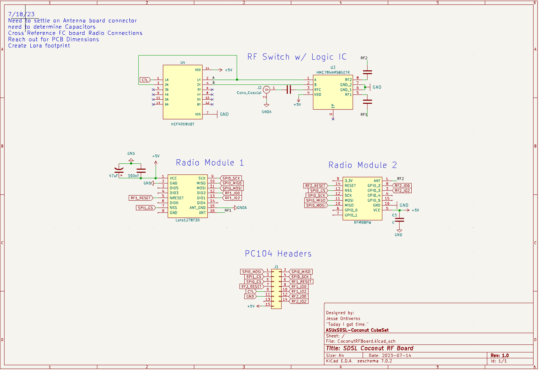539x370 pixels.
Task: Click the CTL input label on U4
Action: [145, 80]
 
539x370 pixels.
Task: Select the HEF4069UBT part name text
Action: [183, 124]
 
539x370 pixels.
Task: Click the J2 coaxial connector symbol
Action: [266, 90]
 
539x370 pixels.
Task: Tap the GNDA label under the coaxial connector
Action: [266, 112]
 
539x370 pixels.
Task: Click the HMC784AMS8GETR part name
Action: [333, 72]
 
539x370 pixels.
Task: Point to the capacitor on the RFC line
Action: [289, 90]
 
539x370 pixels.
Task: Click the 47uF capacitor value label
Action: [113, 176]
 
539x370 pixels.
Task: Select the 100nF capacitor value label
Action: [133, 176]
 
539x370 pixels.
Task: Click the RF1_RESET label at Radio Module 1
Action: [140, 198]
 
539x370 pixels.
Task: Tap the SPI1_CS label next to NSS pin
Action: [146, 208]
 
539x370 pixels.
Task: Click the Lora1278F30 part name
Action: [188, 220]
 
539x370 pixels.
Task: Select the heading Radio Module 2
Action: [362, 165]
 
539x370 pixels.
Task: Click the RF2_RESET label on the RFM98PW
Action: [315, 186]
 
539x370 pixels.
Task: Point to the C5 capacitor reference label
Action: [394, 215]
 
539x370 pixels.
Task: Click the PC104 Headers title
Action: [278, 254]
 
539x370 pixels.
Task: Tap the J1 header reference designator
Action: [276, 267]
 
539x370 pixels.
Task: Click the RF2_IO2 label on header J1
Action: [299, 301]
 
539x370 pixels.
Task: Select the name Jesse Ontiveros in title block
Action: [343, 318]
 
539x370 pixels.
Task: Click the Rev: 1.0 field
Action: [500, 356]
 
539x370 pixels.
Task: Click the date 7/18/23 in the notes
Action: [21, 14]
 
